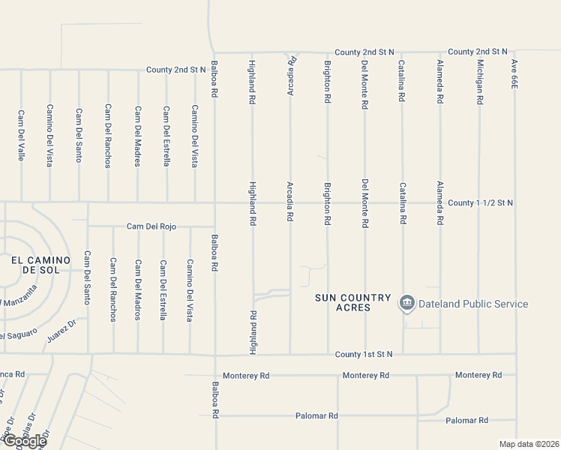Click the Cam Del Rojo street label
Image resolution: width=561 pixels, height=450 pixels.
point(151,226)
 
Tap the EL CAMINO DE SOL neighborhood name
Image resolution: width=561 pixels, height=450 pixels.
point(40,265)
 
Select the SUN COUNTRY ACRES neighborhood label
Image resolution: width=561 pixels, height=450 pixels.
point(353,303)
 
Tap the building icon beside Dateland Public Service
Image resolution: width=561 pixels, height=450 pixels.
point(407,304)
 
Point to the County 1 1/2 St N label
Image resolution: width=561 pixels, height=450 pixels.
point(480,202)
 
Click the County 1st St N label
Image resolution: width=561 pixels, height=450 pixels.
point(366,354)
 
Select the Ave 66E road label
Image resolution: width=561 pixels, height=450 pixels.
point(514,75)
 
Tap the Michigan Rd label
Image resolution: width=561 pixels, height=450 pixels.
point(479,81)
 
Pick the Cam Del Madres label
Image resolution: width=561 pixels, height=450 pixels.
point(137,136)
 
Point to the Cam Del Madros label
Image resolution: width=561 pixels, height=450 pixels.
point(137,289)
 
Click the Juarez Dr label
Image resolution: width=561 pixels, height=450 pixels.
point(61,327)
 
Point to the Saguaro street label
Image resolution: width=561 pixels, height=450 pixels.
point(18,334)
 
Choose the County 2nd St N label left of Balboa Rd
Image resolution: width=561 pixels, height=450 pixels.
point(176,70)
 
